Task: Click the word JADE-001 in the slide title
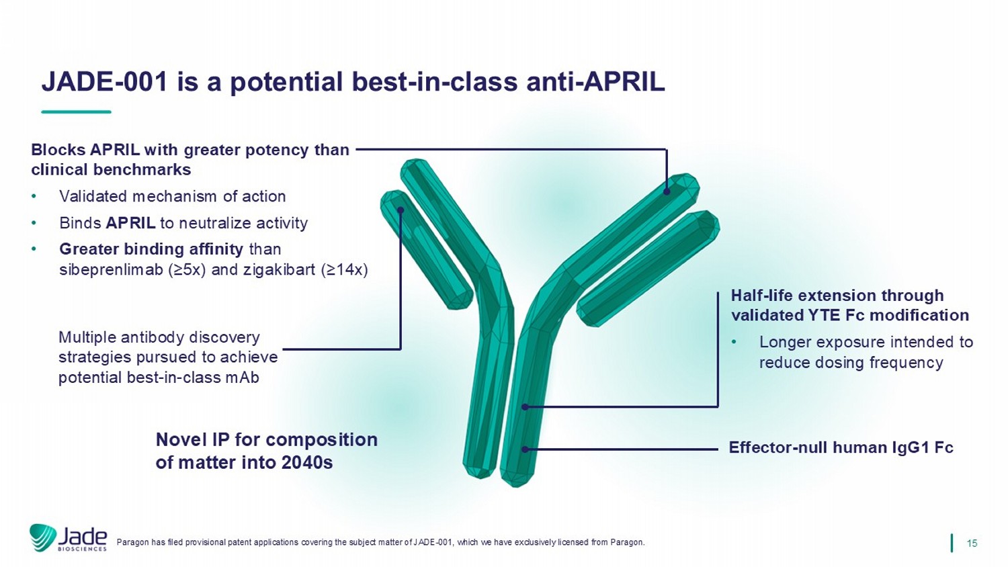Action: [x=104, y=82]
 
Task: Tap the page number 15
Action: [x=972, y=543]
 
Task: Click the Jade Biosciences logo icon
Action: [x=43, y=537]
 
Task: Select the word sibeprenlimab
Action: [x=111, y=269]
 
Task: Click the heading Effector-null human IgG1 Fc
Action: [x=841, y=447]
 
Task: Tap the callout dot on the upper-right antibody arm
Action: [x=667, y=191]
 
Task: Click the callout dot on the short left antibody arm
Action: [x=401, y=210]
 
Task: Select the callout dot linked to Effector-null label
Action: [x=525, y=449]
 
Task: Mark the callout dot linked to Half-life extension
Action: [x=525, y=407]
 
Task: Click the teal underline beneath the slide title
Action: [x=76, y=112]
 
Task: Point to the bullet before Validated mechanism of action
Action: [x=34, y=197]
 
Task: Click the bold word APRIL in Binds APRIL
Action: [x=130, y=223]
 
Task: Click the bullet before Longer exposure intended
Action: [x=734, y=343]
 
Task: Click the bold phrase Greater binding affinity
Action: [x=151, y=249]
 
